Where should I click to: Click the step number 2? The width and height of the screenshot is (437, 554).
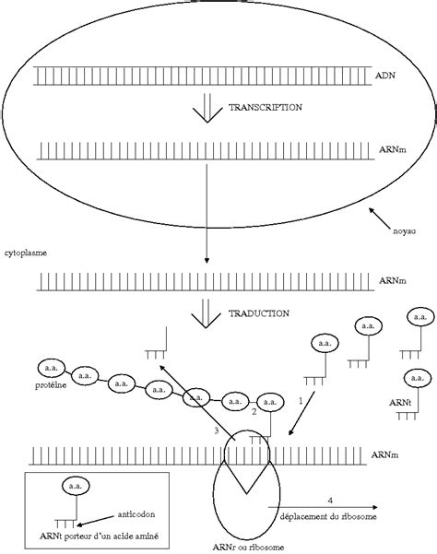pyautogui.click(x=253, y=414)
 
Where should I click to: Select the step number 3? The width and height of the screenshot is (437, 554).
pyautogui.click(x=215, y=430)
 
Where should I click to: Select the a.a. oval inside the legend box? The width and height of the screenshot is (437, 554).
pyautogui.click(x=73, y=485)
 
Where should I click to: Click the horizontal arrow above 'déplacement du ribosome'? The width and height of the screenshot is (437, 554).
pyautogui.click(x=323, y=507)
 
